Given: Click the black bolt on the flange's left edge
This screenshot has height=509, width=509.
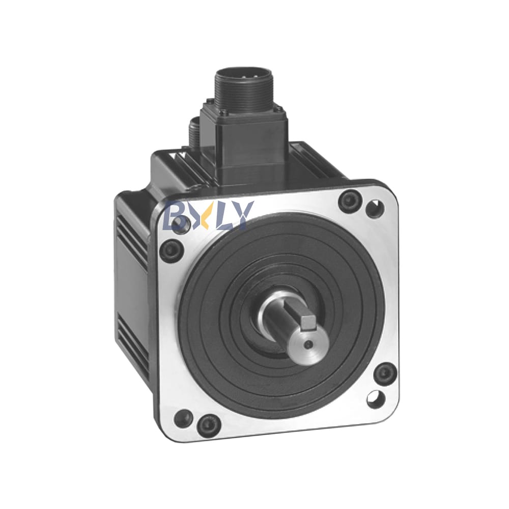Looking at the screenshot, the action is click(171, 249).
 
